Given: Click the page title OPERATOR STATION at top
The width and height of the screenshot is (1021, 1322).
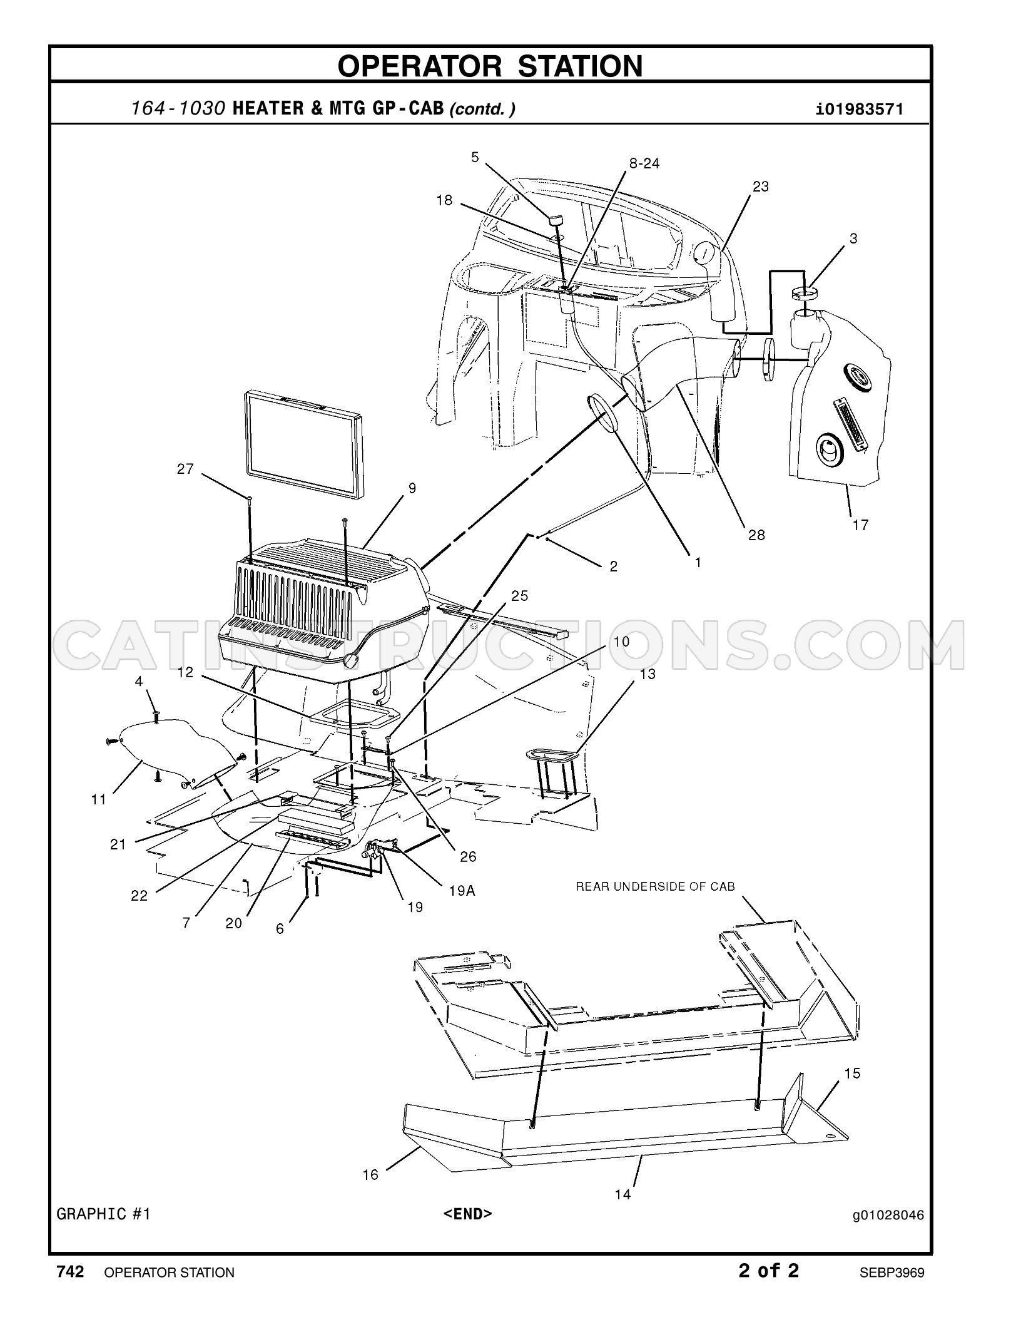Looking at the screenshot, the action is pos(490,66).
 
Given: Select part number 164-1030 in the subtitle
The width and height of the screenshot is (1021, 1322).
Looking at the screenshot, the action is pos(178,109).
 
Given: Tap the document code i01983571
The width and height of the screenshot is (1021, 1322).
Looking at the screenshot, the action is pos(860,110).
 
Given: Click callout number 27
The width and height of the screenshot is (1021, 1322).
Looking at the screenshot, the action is pos(185,469).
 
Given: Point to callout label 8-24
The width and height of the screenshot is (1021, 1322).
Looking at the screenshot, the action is pos(644,163).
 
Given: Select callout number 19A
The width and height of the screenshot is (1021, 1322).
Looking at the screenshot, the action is pos(462,890).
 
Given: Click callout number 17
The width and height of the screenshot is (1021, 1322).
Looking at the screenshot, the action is pos(861,525).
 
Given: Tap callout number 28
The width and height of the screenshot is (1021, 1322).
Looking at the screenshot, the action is pos(756,535).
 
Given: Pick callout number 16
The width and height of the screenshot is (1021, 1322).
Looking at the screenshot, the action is pos(370,1175).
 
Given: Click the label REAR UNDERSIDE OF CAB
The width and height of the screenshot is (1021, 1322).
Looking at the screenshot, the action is pos(655,886).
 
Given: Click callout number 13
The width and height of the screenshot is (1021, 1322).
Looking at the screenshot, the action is pos(648,674).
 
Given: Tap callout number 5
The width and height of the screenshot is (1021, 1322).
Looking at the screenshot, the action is pos(475,156).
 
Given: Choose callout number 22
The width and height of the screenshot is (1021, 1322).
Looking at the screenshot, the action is pos(139,896).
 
